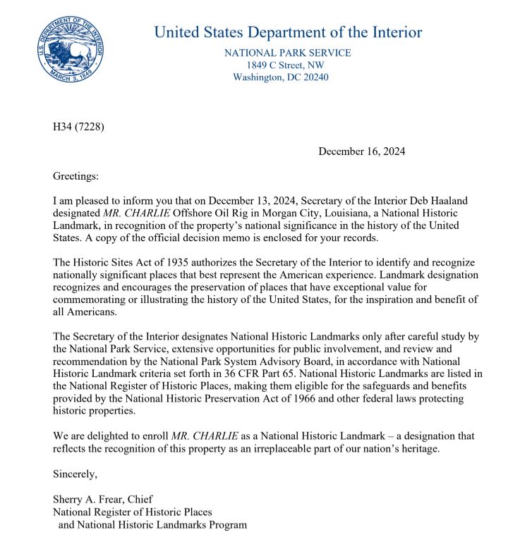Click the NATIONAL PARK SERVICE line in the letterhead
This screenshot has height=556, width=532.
(287, 53)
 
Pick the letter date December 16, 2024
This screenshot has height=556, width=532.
(361, 152)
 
